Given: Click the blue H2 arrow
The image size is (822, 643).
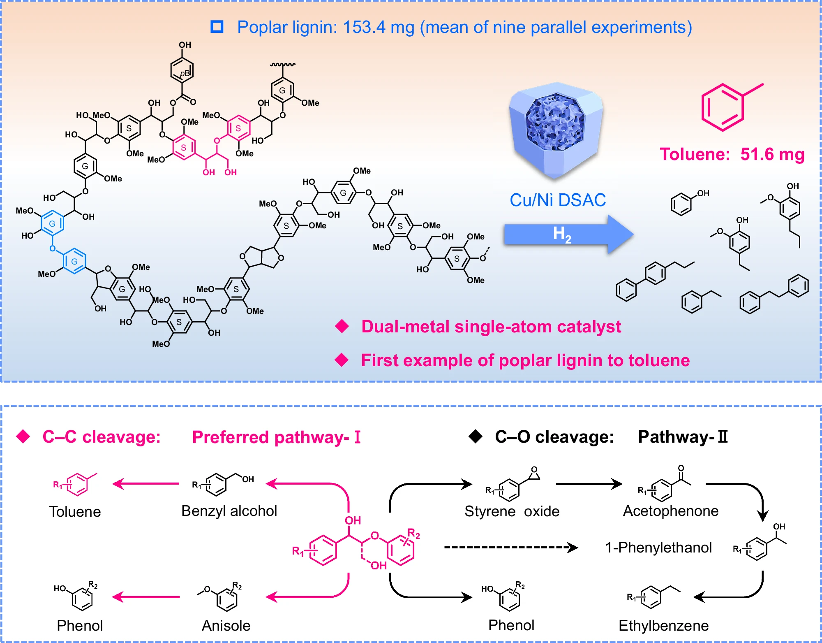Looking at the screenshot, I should (x=567, y=234).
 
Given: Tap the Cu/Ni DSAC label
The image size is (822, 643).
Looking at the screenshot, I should (x=558, y=200).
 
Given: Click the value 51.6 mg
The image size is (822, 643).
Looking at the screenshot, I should (x=772, y=155).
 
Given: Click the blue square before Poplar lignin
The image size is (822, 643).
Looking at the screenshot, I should (x=217, y=27).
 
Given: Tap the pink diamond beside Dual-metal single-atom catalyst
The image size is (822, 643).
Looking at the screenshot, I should (x=342, y=327).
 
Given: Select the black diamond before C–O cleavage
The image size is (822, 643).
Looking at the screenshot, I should (x=476, y=436).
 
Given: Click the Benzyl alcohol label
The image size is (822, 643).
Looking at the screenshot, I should (x=229, y=511).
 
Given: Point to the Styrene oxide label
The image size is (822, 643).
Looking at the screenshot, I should (x=512, y=511).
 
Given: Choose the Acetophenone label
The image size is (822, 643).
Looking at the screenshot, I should (x=671, y=511).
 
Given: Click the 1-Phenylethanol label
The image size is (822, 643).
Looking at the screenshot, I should (x=658, y=548).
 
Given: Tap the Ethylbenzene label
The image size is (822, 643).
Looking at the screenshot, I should (x=663, y=626).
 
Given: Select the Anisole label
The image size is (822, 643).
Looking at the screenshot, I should (x=226, y=626).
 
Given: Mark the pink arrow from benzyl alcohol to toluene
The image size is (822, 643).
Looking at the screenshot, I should (x=146, y=484).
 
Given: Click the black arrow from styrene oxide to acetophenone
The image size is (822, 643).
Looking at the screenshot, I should (x=589, y=484).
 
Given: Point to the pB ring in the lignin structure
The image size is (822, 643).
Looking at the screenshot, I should (x=182, y=71).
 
